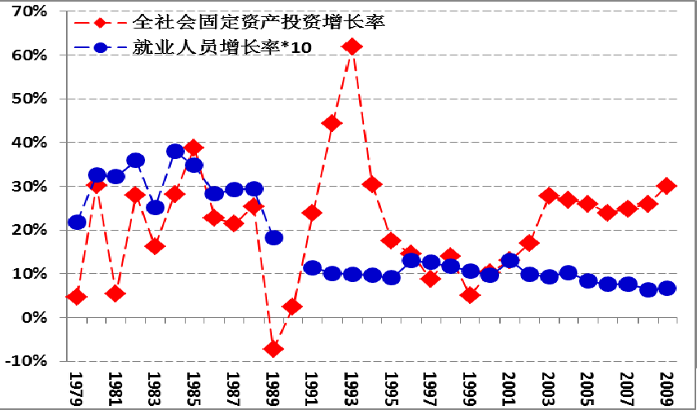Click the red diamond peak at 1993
(352, 47)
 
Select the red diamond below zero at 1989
(274, 349)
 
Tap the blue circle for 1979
(77, 222)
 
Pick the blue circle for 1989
(274, 238)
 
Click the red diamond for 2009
(667, 186)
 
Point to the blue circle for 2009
(667, 289)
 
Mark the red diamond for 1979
(77, 297)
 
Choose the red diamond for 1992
(331, 123)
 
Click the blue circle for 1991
(312, 268)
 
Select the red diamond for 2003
(549, 196)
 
